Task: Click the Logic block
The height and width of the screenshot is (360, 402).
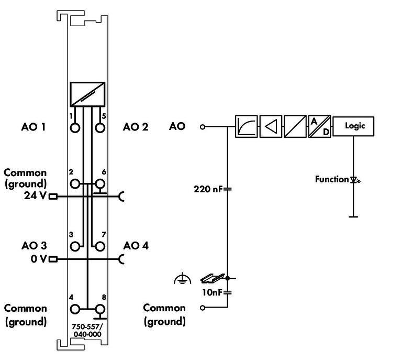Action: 353,126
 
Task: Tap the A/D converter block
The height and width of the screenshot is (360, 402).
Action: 319,126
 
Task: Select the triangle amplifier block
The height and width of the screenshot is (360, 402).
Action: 271,126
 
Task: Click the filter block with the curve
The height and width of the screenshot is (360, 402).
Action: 246,126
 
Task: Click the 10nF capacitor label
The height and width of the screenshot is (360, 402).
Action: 212,291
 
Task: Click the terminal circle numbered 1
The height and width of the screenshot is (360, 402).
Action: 75,127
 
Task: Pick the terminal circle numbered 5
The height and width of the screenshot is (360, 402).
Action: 99,127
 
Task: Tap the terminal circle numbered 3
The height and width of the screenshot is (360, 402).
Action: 75,245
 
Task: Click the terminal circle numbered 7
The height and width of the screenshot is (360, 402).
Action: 99,245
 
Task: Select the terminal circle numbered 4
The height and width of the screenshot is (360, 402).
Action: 75,309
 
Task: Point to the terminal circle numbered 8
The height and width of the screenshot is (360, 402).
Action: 99,309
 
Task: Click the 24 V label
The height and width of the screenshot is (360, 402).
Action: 36,197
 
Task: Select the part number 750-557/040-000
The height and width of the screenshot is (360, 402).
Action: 87,330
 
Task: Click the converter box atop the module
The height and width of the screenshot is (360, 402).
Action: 87,95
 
